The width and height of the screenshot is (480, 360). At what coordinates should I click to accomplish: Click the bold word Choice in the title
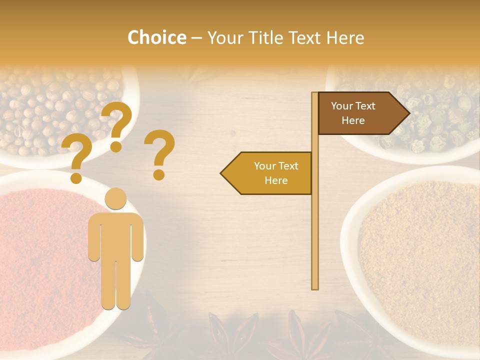click(x=156, y=37)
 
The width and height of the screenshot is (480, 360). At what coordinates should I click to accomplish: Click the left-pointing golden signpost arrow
click(x=267, y=173)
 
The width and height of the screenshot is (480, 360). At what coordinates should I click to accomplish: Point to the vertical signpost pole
click(x=315, y=225)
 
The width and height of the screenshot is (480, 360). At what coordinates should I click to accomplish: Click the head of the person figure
click(x=115, y=198)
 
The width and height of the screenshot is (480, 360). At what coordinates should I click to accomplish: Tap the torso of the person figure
click(x=115, y=235)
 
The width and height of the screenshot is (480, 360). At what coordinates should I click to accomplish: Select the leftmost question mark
click(x=76, y=157)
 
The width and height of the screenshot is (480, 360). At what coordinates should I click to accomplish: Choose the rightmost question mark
click(x=159, y=152)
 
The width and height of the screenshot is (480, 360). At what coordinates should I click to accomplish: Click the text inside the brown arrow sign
click(x=353, y=113)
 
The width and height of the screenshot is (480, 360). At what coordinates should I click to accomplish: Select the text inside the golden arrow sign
click(x=276, y=173)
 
